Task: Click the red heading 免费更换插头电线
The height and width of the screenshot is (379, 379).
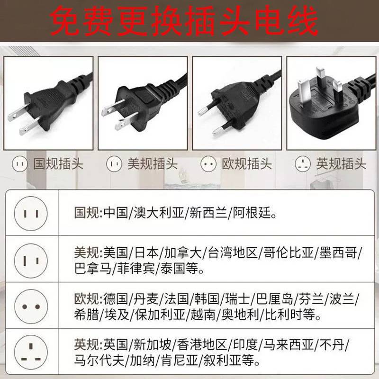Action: coord(185,22)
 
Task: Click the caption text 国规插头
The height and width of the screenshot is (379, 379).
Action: coord(58,164)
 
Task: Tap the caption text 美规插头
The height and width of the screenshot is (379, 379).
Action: coord(152,164)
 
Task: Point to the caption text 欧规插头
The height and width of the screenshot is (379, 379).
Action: coord(247,164)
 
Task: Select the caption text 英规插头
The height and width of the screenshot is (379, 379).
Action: coord(341,164)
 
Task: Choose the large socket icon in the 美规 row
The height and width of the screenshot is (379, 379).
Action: coord(30,259)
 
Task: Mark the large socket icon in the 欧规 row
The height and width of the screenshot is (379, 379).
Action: coord(30,307)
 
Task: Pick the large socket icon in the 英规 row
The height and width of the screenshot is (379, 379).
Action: coord(30,353)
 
